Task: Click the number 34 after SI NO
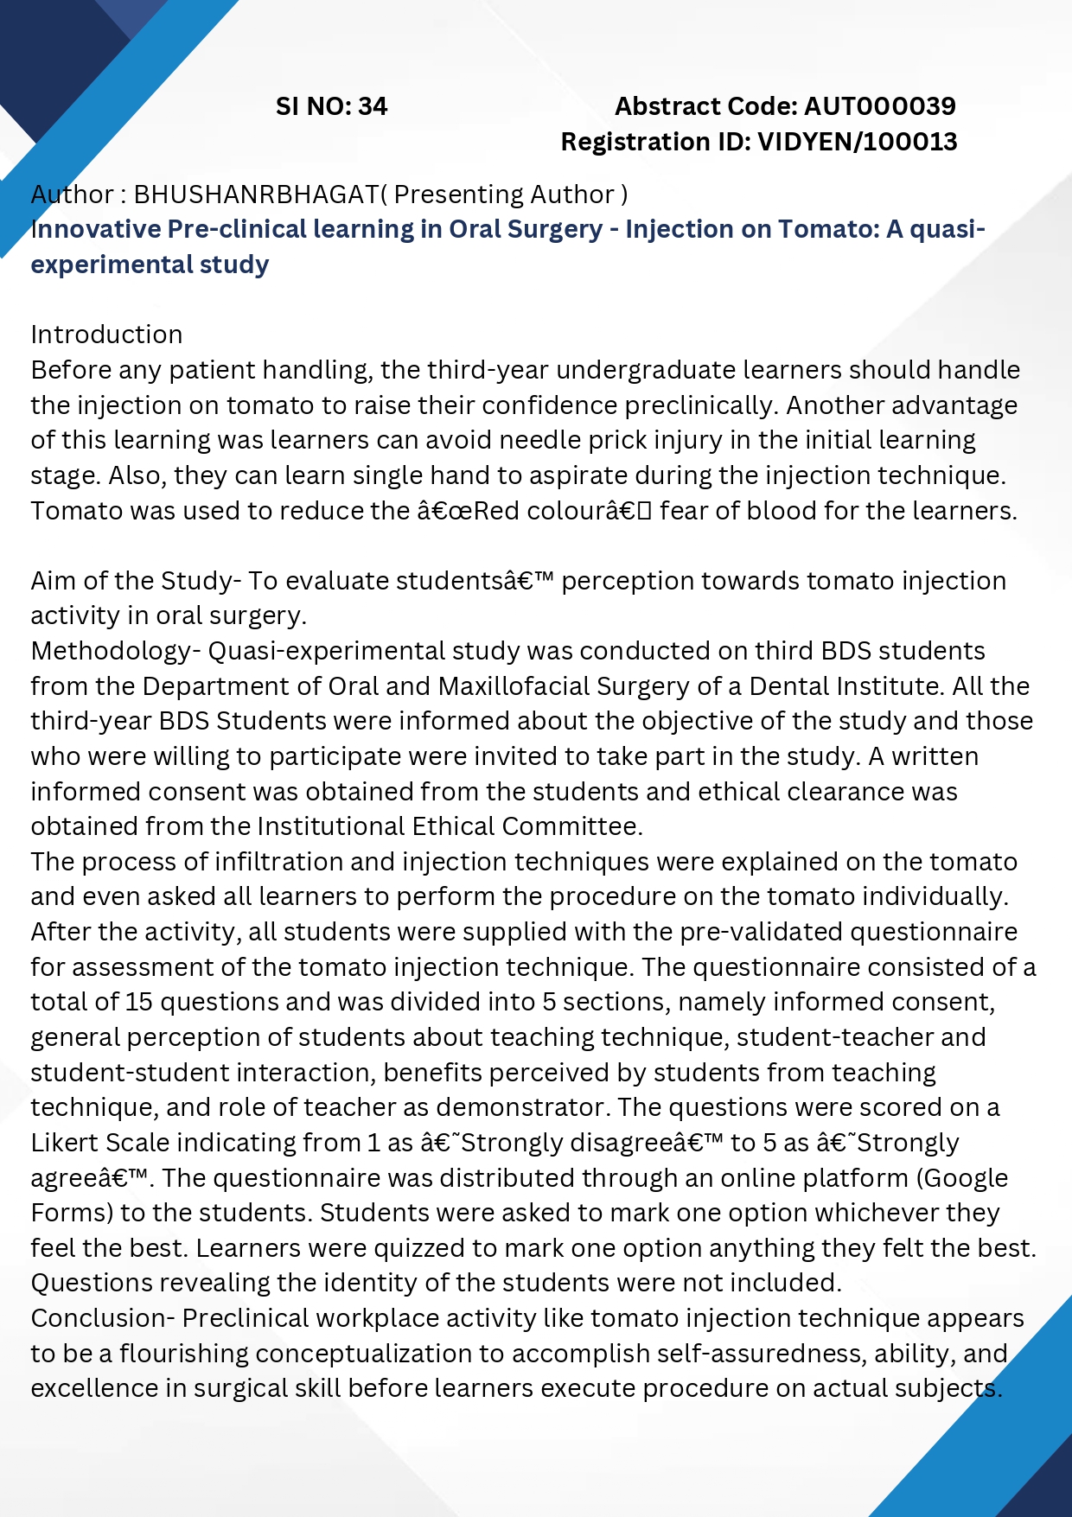coord(373,106)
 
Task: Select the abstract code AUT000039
coord(879,106)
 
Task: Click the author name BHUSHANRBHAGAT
coord(256,194)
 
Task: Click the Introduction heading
coord(106,335)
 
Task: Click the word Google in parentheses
coord(967,1178)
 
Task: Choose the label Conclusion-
coord(103,1318)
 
